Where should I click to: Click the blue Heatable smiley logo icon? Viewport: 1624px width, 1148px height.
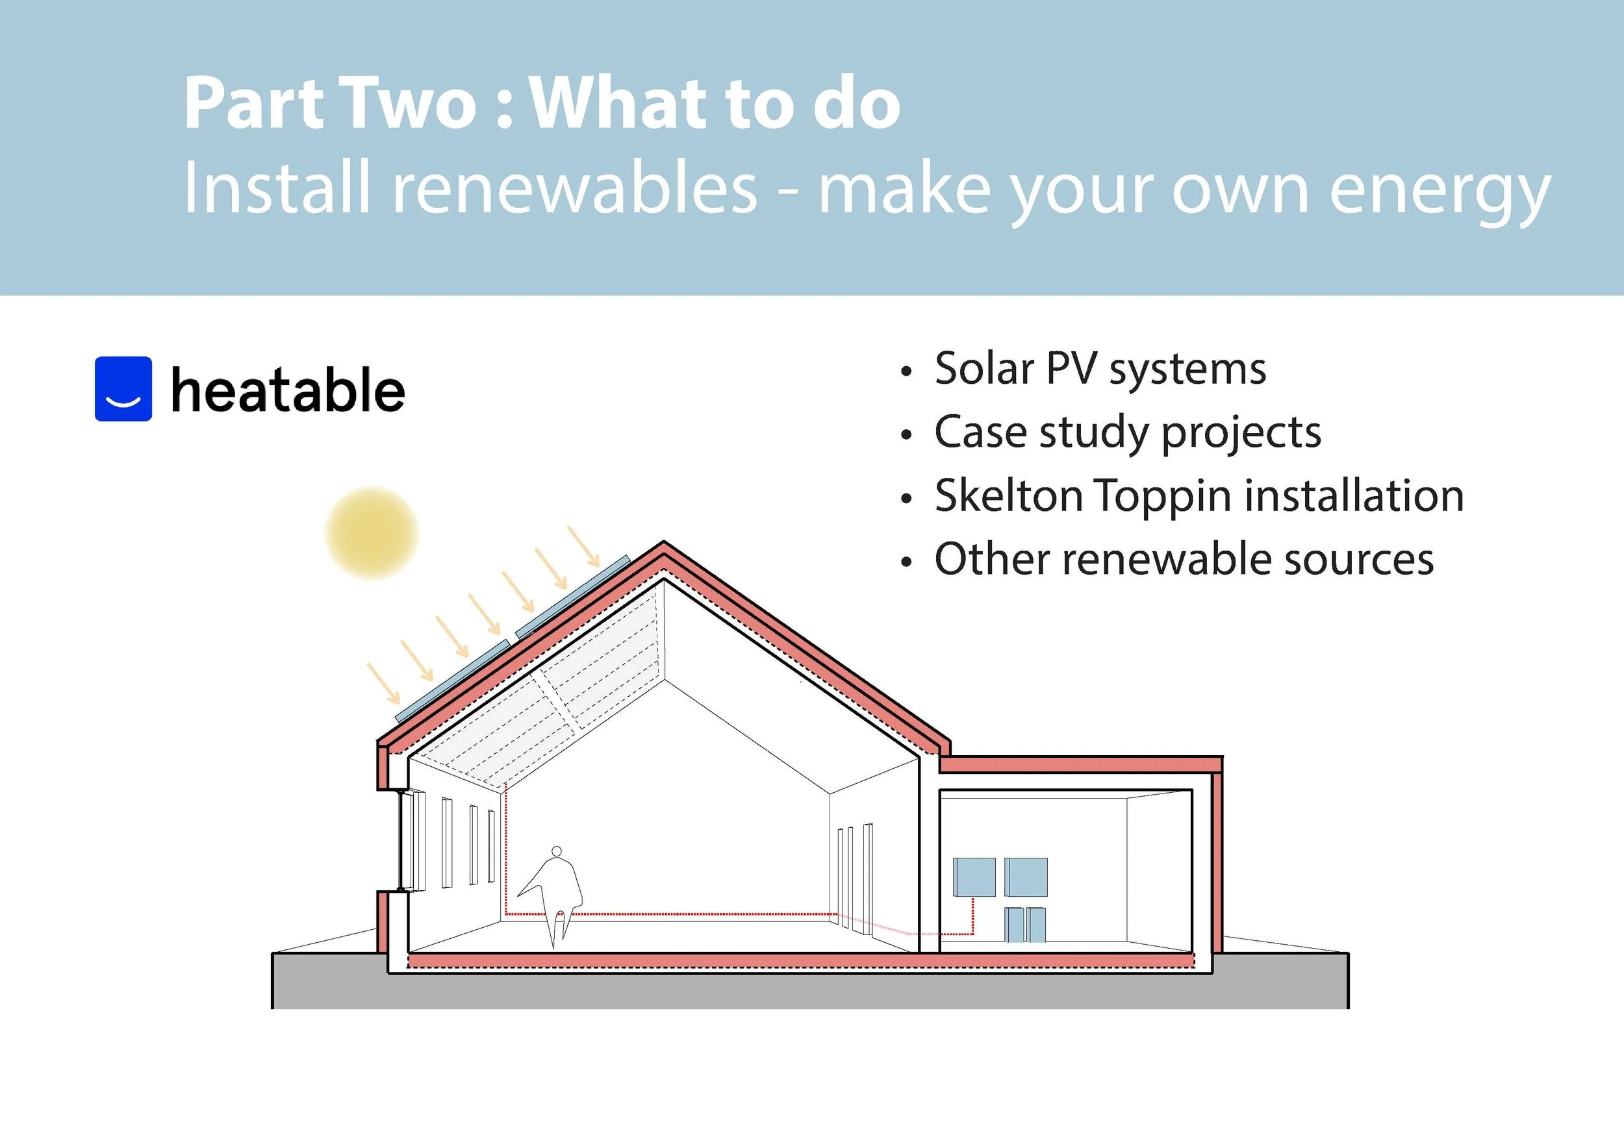pyautogui.click(x=123, y=389)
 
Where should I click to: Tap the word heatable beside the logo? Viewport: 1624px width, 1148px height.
pyautogui.click(x=288, y=390)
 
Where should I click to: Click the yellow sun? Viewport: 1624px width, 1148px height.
pyautogui.click(x=372, y=533)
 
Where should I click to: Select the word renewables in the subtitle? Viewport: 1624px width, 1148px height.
pyautogui.click(x=574, y=189)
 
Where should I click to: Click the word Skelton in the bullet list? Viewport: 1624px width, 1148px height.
pyautogui.click(x=1009, y=495)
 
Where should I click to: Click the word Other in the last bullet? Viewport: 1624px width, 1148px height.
pyautogui.click(x=992, y=559)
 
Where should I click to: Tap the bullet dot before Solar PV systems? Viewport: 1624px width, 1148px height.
pyautogui.click(x=907, y=372)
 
